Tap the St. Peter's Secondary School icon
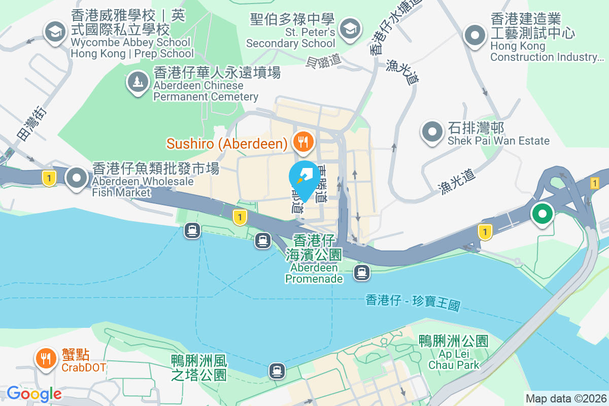tap(350, 28)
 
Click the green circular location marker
tap(542, 214)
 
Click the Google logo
tap(34, 393)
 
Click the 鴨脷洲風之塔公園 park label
tap(198, 368)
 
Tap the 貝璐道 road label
tap(323, 61)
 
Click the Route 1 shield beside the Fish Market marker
tap(49, 178)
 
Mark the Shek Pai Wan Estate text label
tap(498, 134)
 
